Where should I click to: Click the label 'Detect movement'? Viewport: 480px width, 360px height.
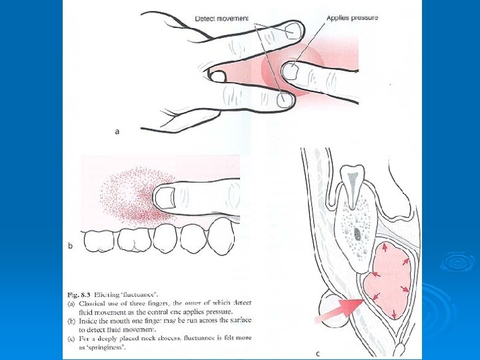[x=221, y=18]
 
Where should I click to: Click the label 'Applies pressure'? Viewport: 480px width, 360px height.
[x=352, y=17]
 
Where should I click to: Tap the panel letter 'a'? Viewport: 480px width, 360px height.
[x=117, y=132]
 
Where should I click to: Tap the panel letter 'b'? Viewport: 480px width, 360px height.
[x=70, y=246]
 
